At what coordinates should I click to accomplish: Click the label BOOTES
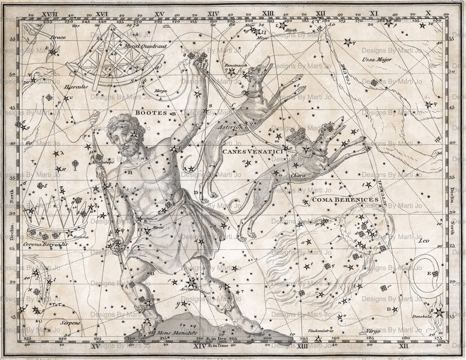click(151, 112)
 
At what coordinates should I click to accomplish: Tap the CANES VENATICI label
click(251, 152)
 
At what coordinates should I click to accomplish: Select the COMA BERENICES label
click(337, 200)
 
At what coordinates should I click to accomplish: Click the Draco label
click(58, 38)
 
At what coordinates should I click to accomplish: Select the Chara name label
click(298, 175)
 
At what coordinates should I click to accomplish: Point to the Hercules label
click(77, 87)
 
